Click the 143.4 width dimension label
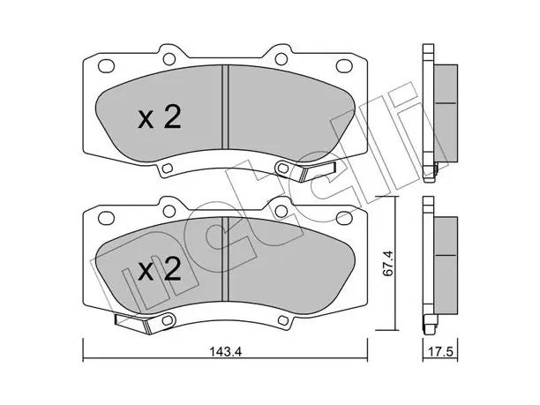(226, 352)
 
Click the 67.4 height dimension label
(387, 264)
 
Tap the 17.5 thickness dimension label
(440, 352)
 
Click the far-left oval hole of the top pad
(106, 65)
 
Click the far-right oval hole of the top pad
(344, 65)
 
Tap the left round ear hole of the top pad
(169, 58)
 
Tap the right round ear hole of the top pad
(281, 58)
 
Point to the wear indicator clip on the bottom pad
(133, 323)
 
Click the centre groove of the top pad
(225, 107)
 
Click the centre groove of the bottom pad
(225, 259)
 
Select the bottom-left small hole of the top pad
(168, 168)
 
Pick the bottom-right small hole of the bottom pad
(283, 320)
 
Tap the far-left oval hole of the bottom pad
(106, 217)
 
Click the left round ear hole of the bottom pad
(169, 211)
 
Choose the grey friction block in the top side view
(446, 113)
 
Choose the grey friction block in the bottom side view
(446, 266)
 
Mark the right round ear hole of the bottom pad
(281, 211)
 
